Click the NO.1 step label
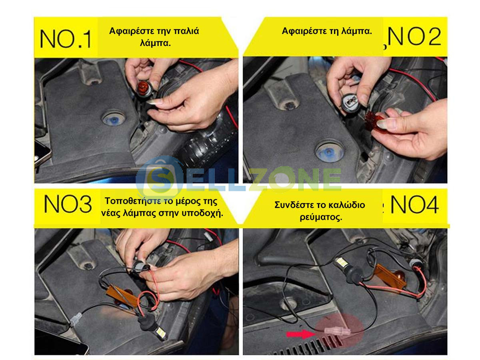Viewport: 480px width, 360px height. pos(65,39)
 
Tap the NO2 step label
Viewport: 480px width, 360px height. pos(414,36)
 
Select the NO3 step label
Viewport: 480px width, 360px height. pos(68,204)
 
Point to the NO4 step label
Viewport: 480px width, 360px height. pos(414,204)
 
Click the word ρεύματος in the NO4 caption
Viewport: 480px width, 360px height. pos(321,217)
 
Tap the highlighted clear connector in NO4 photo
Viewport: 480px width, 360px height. pos(337,331)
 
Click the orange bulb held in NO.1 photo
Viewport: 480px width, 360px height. pos(144,89)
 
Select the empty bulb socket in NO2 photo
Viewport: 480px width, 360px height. pos(350,102)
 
